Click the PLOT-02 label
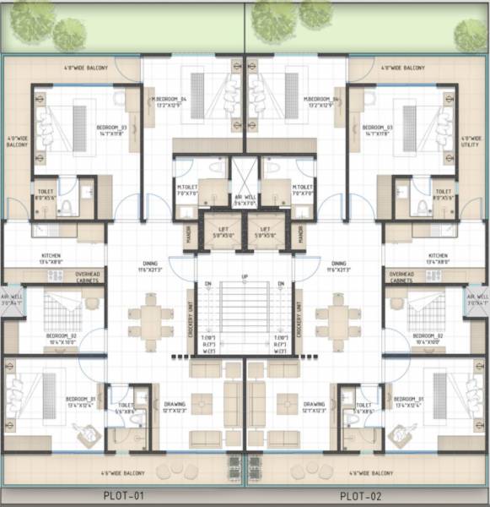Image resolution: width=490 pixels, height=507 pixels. point(361,496)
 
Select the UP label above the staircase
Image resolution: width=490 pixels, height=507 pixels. point(245,276)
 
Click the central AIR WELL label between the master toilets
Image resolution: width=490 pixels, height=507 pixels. point(245,199)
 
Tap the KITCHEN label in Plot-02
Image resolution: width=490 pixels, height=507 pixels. point(437,258)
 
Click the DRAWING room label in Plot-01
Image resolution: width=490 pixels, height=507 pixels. point(175,406)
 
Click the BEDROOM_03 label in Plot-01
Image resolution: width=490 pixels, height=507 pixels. point(111,130)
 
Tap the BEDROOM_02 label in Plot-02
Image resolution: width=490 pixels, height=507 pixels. point(428,338)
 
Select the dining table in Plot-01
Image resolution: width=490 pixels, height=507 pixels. point(150,321)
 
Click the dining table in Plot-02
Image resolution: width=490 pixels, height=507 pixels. point(339,321)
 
